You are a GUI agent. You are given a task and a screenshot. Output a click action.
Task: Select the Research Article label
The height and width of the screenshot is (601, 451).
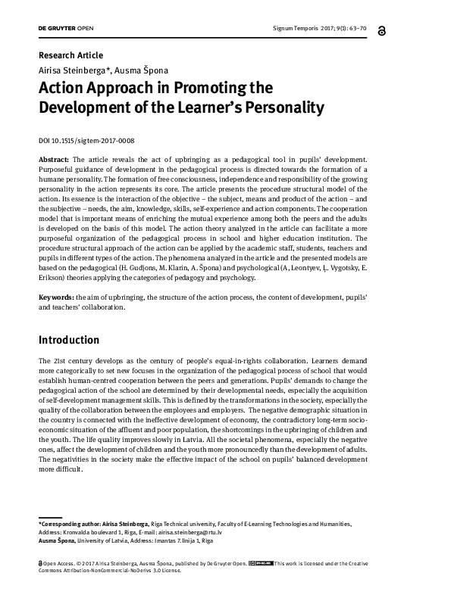70,55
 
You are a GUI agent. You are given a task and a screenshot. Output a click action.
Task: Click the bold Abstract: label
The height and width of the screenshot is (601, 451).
54,160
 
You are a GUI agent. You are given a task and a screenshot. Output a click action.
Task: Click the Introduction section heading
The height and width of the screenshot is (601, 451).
69,340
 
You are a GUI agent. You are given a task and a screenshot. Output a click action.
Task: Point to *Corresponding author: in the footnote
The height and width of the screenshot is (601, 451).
65,524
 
